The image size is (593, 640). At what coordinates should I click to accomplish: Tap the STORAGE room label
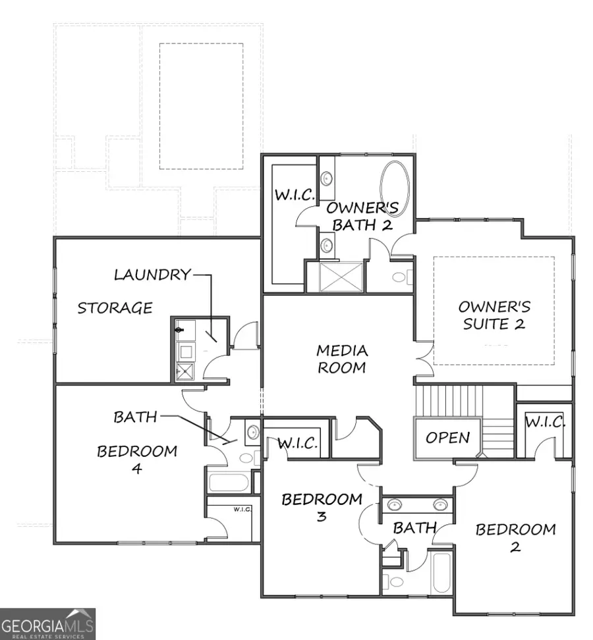point(115,307)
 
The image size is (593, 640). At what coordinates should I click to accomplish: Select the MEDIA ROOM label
point(342,359)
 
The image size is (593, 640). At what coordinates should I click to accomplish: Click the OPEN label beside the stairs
point(447,438)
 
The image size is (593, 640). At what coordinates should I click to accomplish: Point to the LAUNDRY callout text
point(152,275)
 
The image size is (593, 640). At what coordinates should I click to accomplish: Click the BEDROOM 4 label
point(137,460)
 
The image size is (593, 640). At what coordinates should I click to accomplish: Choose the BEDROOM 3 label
point(322,507)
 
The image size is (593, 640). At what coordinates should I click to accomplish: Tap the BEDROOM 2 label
point(515,537)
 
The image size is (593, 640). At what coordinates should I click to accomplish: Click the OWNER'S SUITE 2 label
point(494,315)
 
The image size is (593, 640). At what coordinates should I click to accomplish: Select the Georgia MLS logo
point(47,624)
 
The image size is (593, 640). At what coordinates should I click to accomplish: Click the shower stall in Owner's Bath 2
point(341,277)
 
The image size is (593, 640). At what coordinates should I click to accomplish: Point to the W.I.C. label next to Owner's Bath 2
point(295,196)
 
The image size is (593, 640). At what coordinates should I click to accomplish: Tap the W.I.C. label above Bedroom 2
point(545,423)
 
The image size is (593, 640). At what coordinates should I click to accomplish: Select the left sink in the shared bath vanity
point(394,505)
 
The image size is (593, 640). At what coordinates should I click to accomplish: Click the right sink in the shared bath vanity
point(440,505)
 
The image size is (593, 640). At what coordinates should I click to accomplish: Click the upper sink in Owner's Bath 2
point(327,178)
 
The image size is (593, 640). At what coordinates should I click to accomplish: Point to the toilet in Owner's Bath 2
point(401,277)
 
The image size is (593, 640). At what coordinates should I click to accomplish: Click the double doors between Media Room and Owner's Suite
point(423,359)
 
